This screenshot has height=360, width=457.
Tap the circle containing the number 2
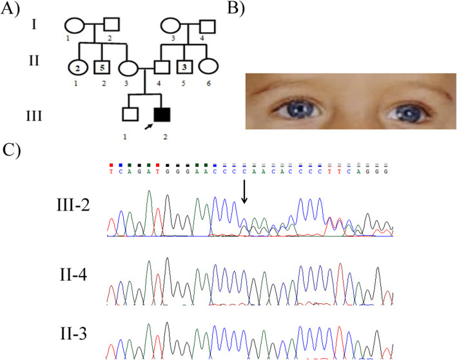click(x=76, y=66)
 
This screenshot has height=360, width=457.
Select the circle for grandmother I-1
click(x=72, y=27)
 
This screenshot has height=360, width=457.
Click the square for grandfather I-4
click(x=208, y=27)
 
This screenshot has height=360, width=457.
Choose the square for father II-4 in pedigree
click(x=161, y=66)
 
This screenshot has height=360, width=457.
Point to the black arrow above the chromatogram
click(x=245, y=193)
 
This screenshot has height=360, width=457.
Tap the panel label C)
click(x=12, y=151)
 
